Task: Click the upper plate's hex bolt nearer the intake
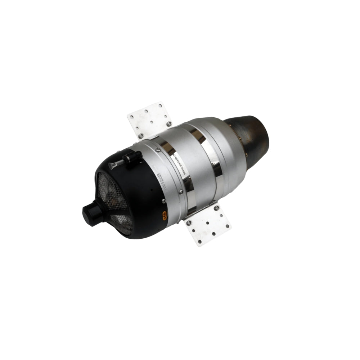click(141, 135)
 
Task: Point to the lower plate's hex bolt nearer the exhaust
click(216, 208)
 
